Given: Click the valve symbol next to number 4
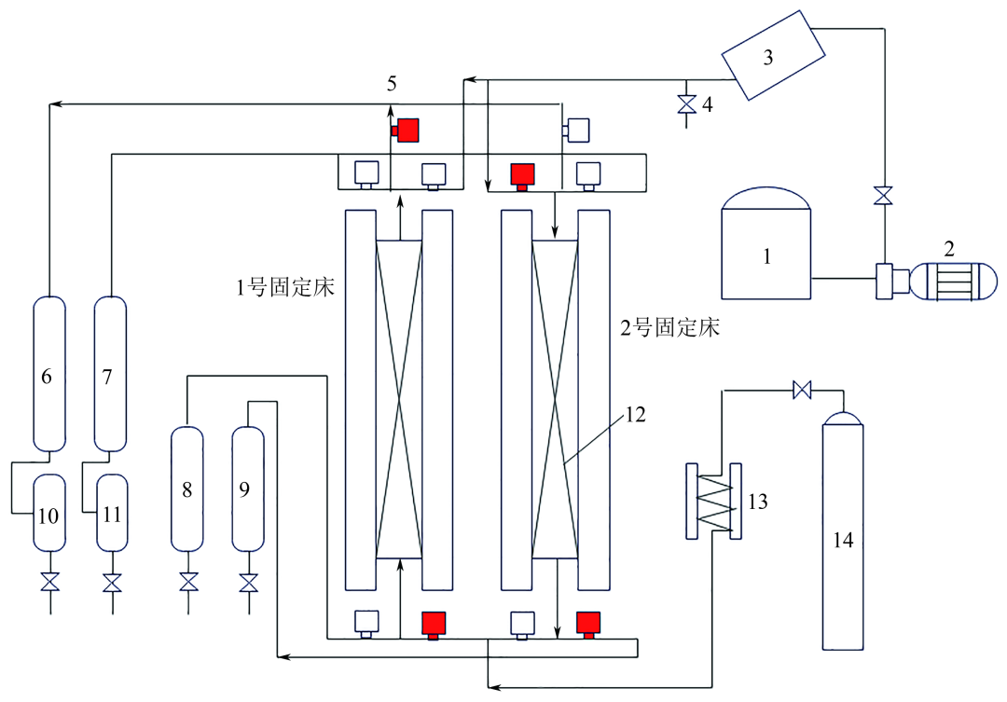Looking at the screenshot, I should (687, 104).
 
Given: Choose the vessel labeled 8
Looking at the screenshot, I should (187, 489).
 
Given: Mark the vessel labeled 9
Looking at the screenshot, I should (247, 489).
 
